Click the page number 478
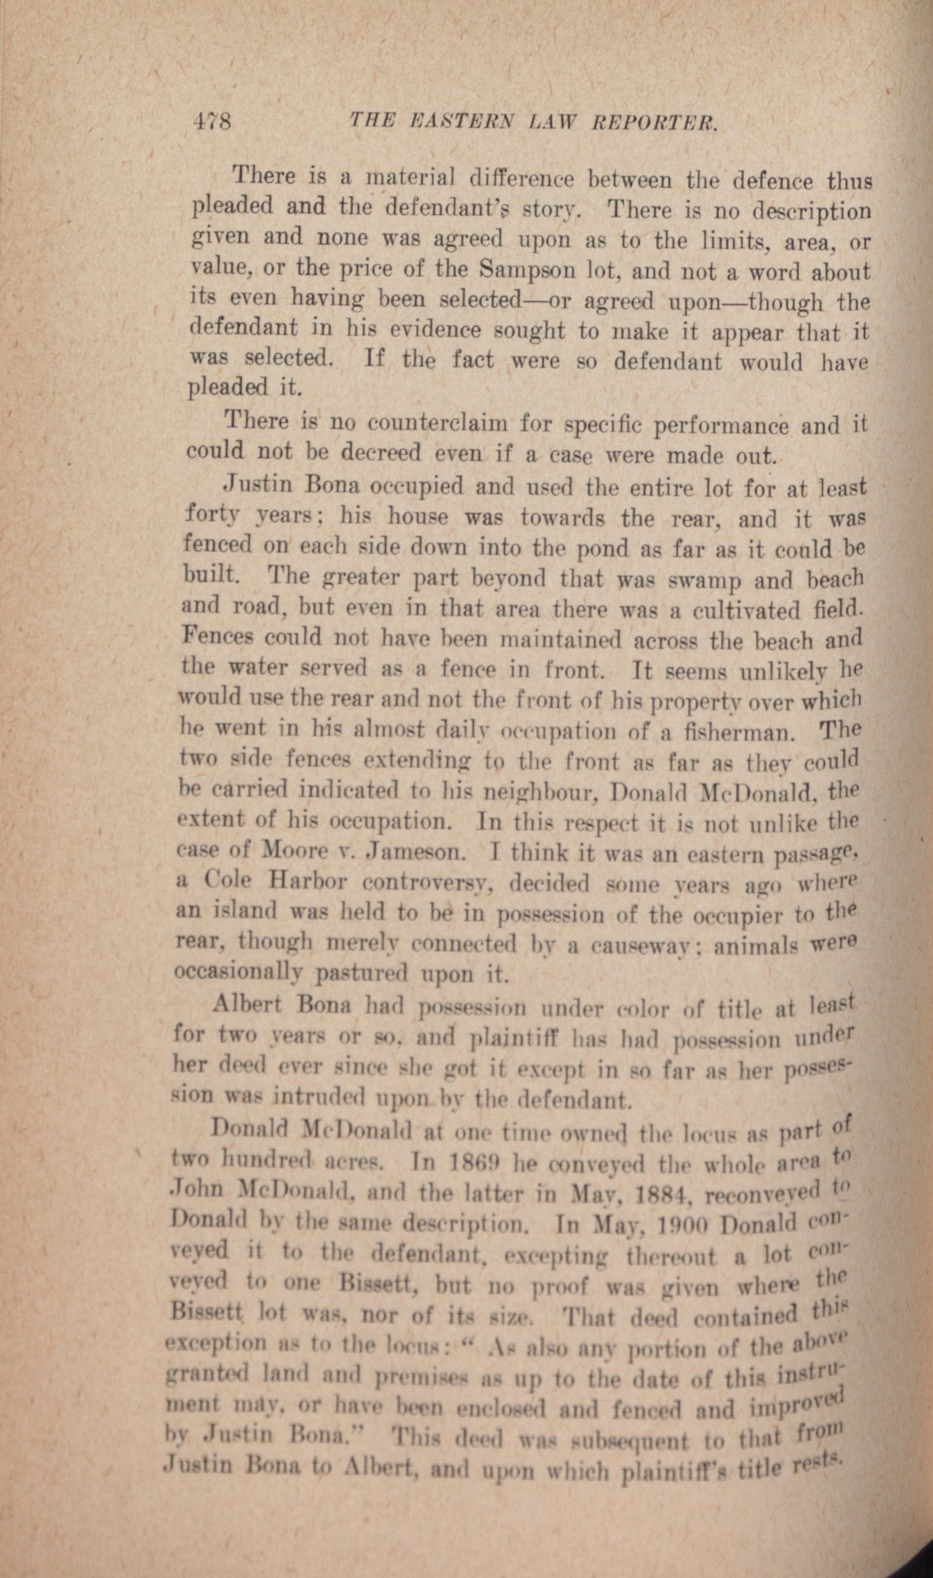click(211, 119)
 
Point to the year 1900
click(680, 1223)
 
